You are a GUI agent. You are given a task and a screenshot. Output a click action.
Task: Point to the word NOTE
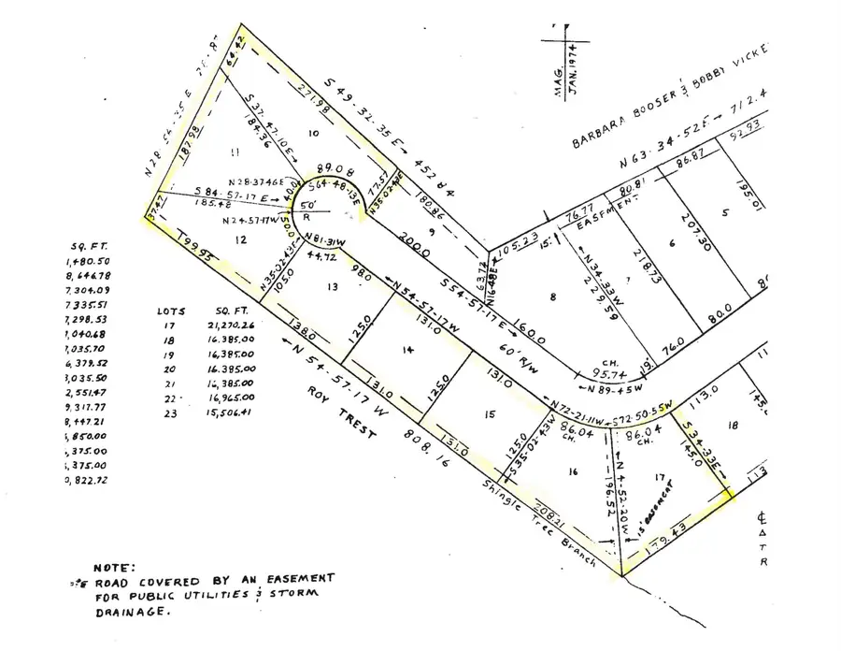click(x=115, y=567)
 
